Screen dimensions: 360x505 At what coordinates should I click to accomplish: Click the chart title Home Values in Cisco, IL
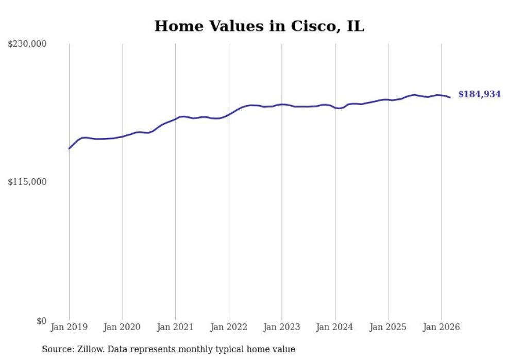pyautogui.click(x=259, y=26)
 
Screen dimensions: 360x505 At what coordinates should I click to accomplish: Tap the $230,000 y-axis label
pyautogui.click(x=27, y=44)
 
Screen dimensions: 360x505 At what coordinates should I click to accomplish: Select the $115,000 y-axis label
pyautogui.click(x=27, y=182)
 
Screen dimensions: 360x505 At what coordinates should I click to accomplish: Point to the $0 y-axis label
pyautogui.click(x=41, y=321)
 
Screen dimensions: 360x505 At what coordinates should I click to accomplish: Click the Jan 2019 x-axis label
pyautogui.click(x=69, y=327)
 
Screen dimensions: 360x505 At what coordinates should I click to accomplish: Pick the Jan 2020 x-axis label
pyautogui.click(x=122, y=327)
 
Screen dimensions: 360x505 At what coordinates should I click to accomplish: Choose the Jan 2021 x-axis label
pyautogui.click(x=175, y=327)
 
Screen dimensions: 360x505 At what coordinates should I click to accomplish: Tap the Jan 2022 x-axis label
pyautogui.click(x=229, y=327)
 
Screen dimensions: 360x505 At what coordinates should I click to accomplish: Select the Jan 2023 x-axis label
pyautogui.click(x=282, y=327)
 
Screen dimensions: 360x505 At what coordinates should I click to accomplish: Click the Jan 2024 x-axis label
pyautogui.click(x=335, y=327)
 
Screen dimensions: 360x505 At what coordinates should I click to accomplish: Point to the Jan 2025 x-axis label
pyautogui.click(x=388, y=327)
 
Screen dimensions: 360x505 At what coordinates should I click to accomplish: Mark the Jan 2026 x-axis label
pyautogui.click(x=442, y=327)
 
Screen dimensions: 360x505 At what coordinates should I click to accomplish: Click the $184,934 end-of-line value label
pyautogui.click(x=479, y=94)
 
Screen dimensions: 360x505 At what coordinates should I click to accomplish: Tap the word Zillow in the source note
pyautogui.click(x=90, y=349)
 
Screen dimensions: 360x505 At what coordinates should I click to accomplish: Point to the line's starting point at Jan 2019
pyautogui.click(x=69, y=148)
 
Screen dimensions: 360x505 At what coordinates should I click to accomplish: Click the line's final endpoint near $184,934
pyautogui.click(x=450, y=97)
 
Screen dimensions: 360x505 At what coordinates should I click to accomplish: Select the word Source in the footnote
pyautogui.click(x=57, y=349)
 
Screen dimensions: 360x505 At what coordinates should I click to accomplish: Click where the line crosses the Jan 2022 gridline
pyautogui.click(x=229, y=114)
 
